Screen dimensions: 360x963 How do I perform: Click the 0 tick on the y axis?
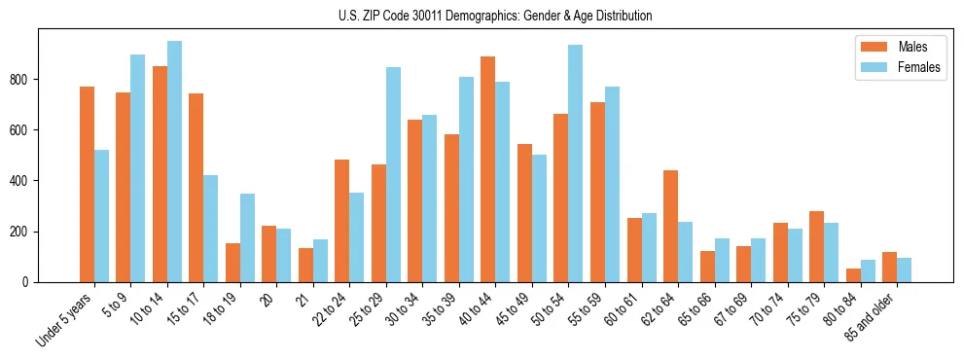(x=30, y=282)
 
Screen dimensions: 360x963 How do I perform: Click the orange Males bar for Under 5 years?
(x=88, y=185)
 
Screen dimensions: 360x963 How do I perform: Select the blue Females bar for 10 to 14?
(x=174, y=162)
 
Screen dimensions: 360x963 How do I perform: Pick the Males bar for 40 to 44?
(x=488, y=169)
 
